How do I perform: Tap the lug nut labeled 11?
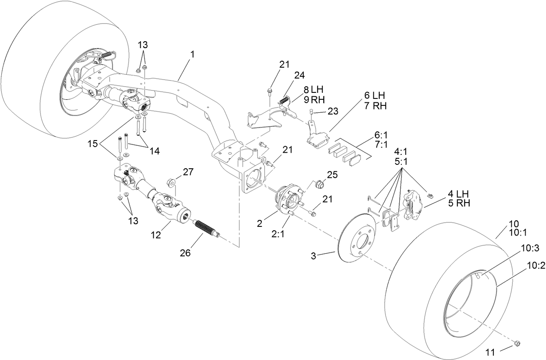pyautogui.click(x=516, y=344)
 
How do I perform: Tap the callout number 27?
pyautogui.click(x=188, y=172)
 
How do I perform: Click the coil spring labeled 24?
pyautogui.click(x=283, y=100)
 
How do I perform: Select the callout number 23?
pyautogui.click(x=332, y=111)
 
